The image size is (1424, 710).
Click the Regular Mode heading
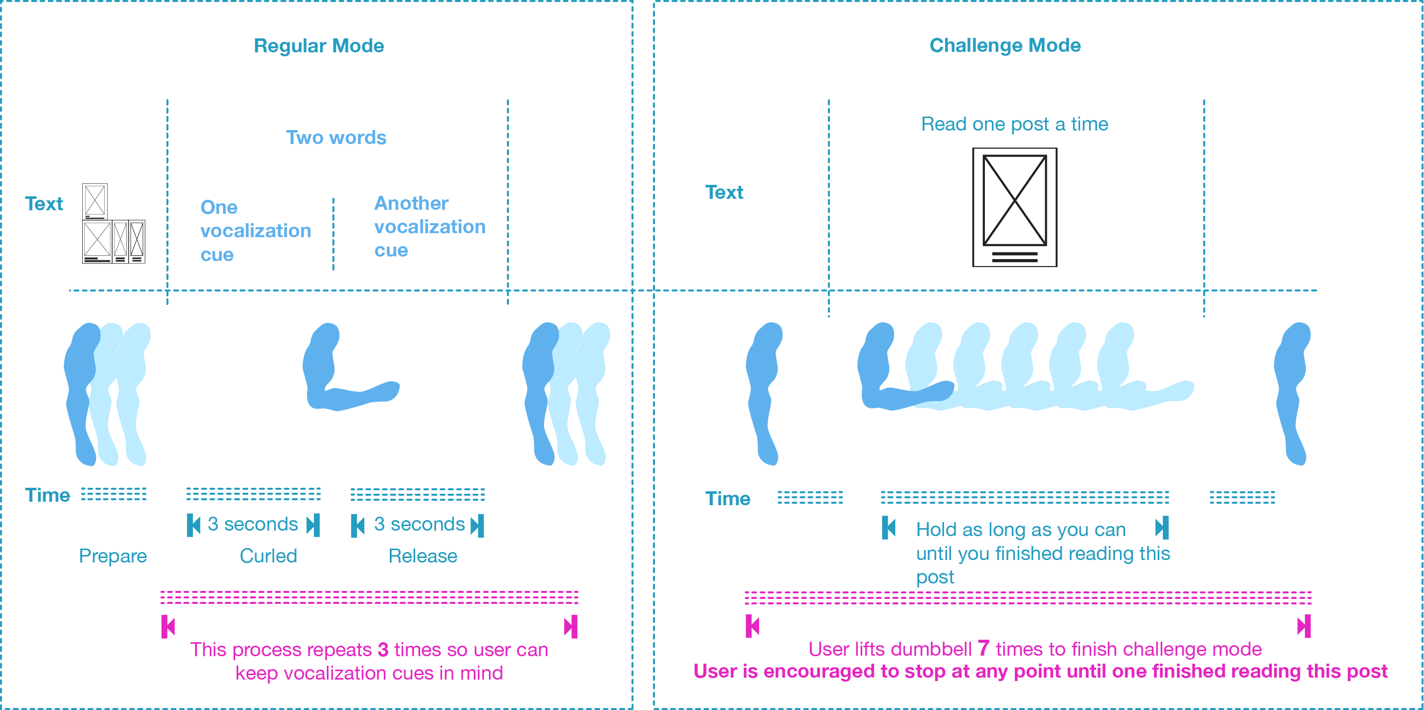tap(318, 46)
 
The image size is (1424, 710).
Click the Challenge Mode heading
tap(1004, 45)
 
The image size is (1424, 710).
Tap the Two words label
tap(335, 138)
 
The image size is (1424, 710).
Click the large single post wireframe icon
tap(1014, 207)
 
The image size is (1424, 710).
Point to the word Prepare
tap(113, 556)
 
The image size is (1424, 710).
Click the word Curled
tap(268, 556)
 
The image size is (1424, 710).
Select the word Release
tap(423, 556)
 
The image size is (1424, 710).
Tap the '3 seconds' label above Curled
tap(253, 524)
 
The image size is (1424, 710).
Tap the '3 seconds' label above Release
tap(419, 524)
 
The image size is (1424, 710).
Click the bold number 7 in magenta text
tap(983, 648)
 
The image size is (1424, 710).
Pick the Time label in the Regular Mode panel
tap(47, 495)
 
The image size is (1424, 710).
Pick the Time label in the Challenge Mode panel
tap(728, 498)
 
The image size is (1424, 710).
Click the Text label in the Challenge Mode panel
tap(724, 192)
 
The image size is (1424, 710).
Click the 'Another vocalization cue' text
tap(429, 227)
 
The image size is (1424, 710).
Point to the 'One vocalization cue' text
tap(255, 230)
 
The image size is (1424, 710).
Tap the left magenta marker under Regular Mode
tap(168, 627)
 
